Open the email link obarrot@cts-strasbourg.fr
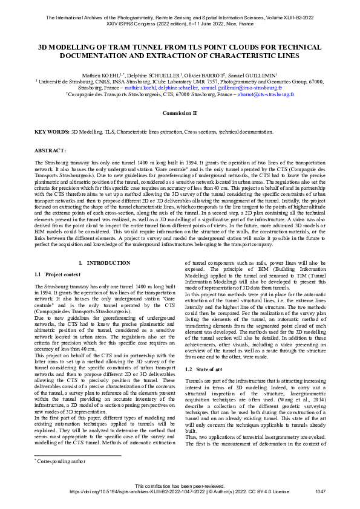267,94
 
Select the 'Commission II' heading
180,112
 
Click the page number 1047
321,492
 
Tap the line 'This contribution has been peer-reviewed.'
180,487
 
